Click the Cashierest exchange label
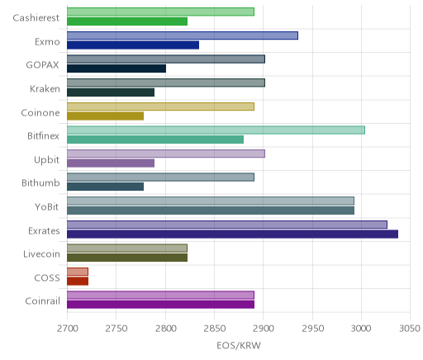(x=36, y=18)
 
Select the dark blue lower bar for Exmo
(x=133, y=45)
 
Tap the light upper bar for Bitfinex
(x=216, y=130)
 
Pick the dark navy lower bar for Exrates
(x=232, y=234)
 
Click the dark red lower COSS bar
(x=78, y=282)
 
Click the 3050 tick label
(x=410, y=329)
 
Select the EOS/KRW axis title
(x=239, y=345)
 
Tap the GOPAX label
(x=42, y=65)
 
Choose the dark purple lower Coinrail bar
(x=160, y=305)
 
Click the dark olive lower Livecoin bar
(x=127, y=258)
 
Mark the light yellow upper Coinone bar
(x=160, y=107)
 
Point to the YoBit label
(x=46, y=206)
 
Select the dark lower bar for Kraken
(x=111, y=92)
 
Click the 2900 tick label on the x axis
(x=263, y=329)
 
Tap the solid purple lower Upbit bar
(x=111, y=163)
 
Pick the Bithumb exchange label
(x=40, y=183)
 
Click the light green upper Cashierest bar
(x=160, y=12)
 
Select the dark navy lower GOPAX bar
(x=116, y=69)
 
